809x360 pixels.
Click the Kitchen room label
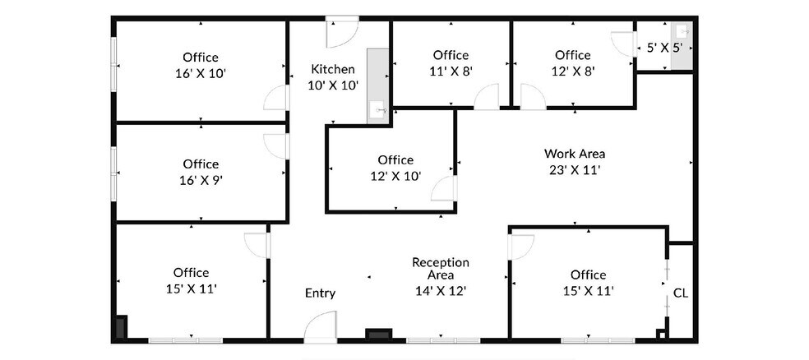pyautogui.click(x=332, y=69)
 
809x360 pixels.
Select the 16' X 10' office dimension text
pyautogui.click(x=201, y=73)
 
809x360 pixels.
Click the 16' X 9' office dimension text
pyautogui.click(x=201, y=179)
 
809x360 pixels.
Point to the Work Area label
pyautogui.click(x=575, y=154)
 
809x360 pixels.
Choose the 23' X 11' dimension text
pyautogui.click(x=575, y=170)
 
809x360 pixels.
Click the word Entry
pyautogui.click(x=320, y=293)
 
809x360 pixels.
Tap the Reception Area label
pyautogui.click(x=440, y=269)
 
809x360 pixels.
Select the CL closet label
pyautogui.click(x=680, y=293)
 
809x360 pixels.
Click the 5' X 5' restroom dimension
pyautogui.click(x=664, y=48)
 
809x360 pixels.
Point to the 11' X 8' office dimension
pyautogui.click(x=451, y=71)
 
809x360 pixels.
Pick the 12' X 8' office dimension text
pyautogui.click(x=573, y=71)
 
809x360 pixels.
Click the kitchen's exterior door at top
pyautogui.click(x=340, y=31)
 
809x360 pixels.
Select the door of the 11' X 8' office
pyautogui.click(x=486, y=97)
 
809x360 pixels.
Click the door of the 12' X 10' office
pyautogui.click(x=444, y=188)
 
